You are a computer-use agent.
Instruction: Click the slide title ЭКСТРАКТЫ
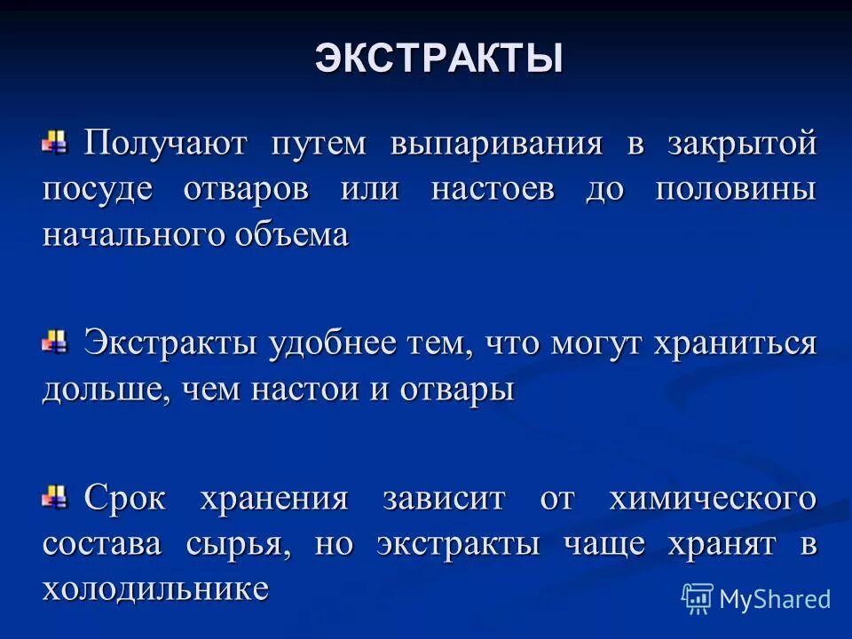438,59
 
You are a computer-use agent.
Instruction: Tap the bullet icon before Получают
56,141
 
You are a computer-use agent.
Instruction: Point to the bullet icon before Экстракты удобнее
56,341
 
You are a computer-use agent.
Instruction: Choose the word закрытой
742,144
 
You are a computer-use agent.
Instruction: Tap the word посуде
97,190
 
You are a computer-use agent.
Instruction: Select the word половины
735,190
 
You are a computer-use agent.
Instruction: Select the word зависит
444,499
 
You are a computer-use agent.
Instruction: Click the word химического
712,499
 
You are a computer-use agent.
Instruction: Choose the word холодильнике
155,589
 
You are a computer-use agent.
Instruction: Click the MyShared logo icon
697,598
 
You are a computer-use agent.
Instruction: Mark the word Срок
125,499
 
